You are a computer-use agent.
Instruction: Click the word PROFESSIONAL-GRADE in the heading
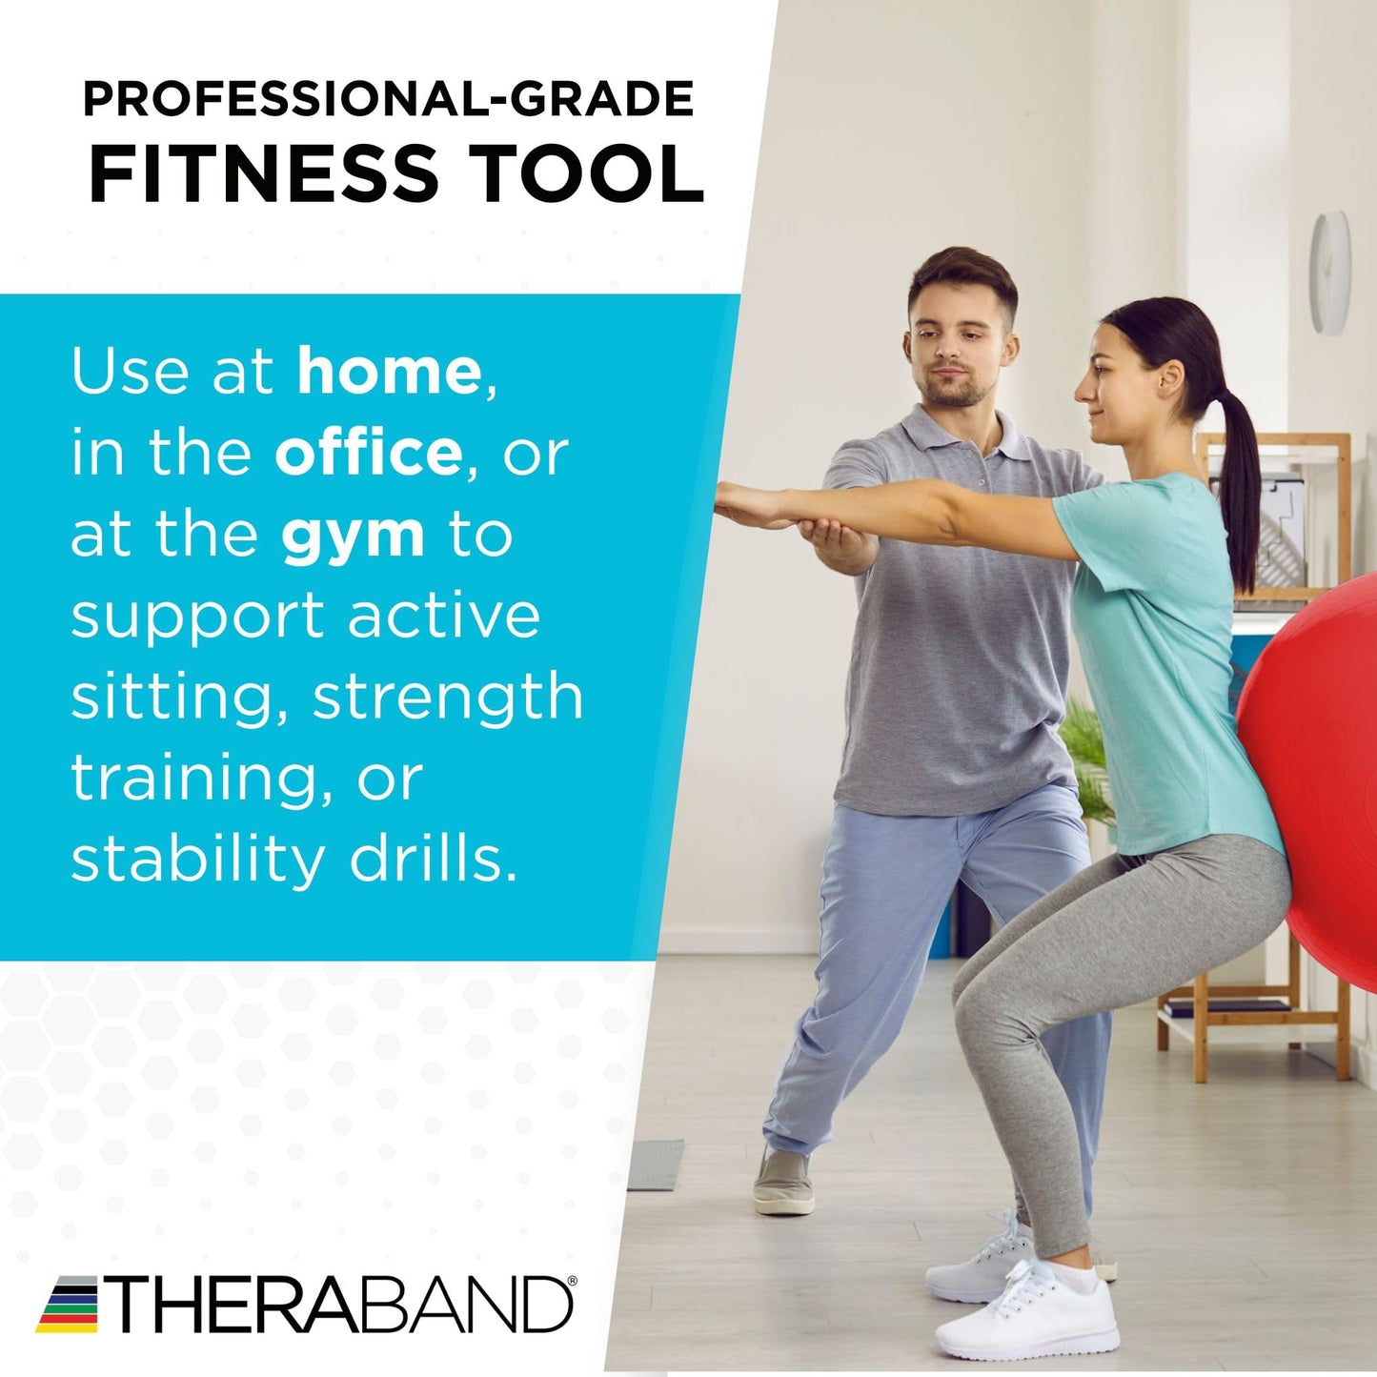388,99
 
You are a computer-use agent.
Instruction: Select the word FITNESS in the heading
264,174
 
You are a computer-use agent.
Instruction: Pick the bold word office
368,453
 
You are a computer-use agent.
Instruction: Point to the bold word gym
353,535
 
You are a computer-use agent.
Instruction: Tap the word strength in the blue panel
448,697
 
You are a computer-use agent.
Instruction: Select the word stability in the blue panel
198,859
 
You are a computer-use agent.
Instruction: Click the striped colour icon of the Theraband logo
67,1304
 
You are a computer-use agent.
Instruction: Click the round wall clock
1329,273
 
